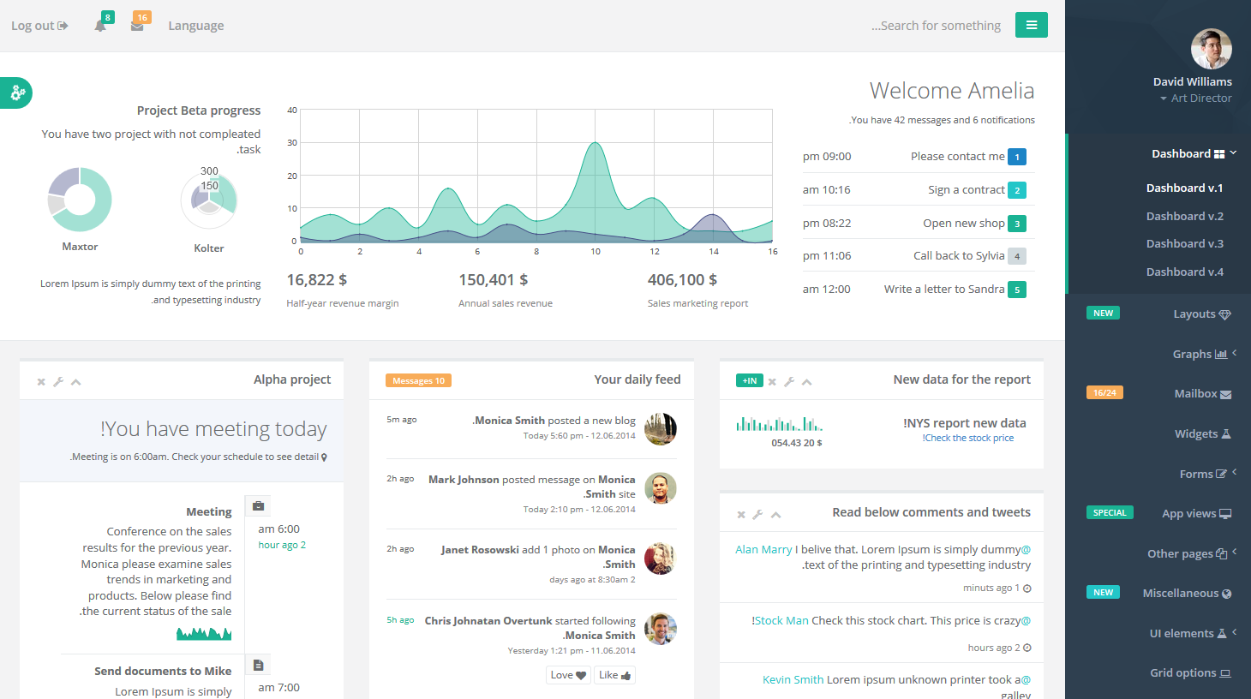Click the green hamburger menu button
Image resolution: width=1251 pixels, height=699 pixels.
click(x=1031, y=25)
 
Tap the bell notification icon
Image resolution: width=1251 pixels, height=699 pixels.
click(x=100, y=26)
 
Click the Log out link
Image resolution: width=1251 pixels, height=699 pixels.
click(x=39, y=26)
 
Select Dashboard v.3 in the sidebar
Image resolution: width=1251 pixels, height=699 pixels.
click(x=1184, y=244)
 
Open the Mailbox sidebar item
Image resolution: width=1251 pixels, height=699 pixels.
click(x=1201, y=393)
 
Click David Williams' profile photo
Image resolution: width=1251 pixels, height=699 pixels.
click(x=1211, y=49)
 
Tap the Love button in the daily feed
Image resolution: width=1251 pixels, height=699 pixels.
click(x=568, y=675)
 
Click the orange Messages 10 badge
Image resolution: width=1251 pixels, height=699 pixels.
click(x=418, y=380)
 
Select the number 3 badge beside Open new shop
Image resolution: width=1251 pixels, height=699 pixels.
click(x=1017, y=224)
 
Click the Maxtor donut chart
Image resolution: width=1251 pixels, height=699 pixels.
click(x=80, y=200)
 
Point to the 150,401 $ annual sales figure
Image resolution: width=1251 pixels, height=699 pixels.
click(x=493, y=280)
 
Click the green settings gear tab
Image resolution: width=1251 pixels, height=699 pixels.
click(x=16, y=93)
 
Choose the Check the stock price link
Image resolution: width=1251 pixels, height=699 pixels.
click(x=968, y=438)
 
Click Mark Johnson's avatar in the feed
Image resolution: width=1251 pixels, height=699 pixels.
click(x=660, y=488)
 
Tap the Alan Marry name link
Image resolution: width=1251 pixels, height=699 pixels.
click(x=763, y=550)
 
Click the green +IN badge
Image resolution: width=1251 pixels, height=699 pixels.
click(x=749, y=380)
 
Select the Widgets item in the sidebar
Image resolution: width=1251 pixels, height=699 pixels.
click(x=1201, y=433)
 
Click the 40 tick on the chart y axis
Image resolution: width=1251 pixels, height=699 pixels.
click(x=292, y=111)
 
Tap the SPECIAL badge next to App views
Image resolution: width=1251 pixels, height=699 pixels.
click(x=1109, y=512)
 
